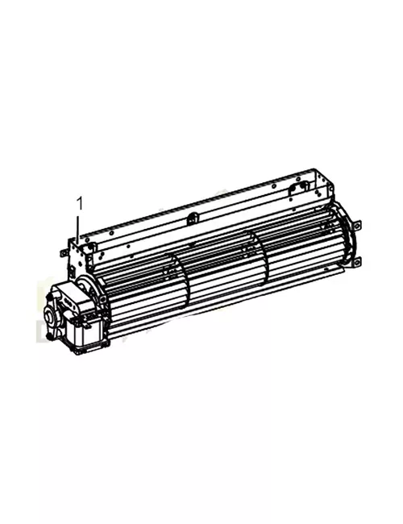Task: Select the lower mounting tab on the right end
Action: [358, 260]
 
